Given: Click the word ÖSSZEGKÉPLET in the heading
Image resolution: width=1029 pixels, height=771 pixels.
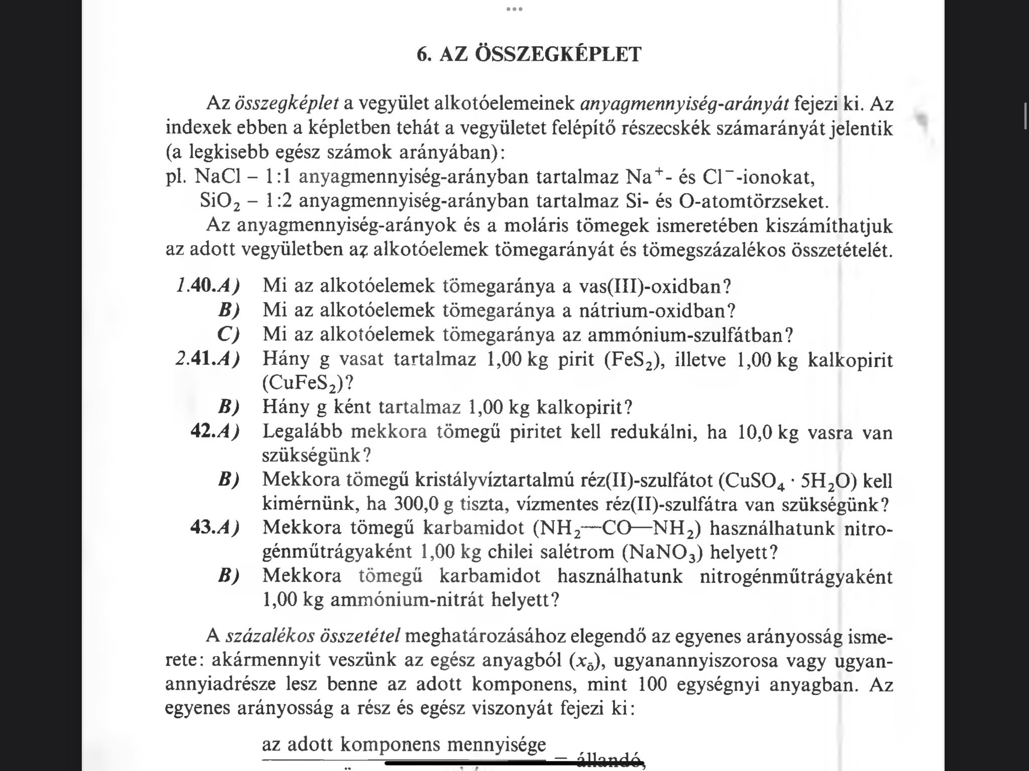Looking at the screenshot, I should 558,54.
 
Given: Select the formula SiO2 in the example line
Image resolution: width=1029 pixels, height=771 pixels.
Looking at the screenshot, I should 220,202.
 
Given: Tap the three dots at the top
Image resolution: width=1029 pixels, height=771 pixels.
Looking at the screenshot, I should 514,9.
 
